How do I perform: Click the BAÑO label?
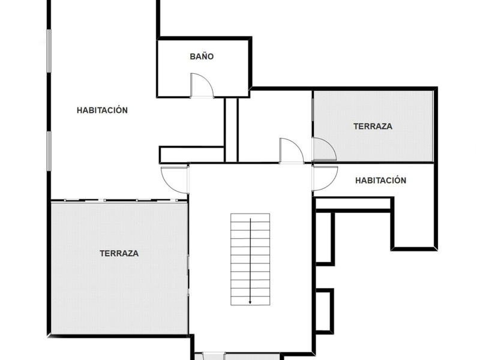(202, 57)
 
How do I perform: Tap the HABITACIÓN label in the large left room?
(102, 110)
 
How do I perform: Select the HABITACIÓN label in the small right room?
(380, 180)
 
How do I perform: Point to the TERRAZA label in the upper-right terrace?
(373, 127)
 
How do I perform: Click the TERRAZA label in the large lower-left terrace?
(119, 253)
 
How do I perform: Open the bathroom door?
(202, 85)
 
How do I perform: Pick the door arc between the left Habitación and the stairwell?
(175, 179)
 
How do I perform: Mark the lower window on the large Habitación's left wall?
(49, 150)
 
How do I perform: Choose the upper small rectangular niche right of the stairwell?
(324, 238)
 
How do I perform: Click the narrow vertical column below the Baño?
(231, 129)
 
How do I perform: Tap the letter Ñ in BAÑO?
(205, 56)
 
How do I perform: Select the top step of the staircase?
(250, 217)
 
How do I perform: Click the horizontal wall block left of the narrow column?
(191, 155)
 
